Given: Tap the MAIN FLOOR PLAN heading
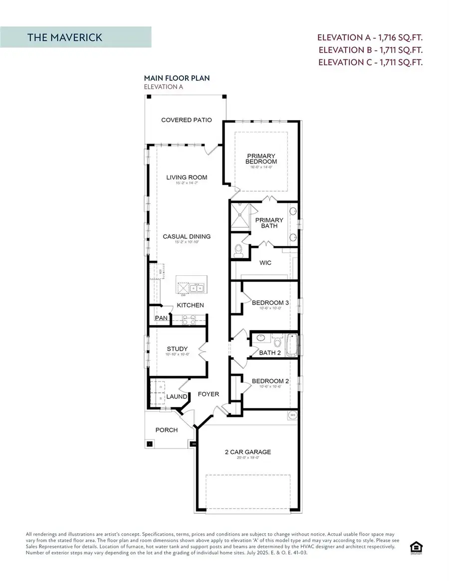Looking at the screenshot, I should [177, 78].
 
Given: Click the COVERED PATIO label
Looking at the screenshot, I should [186, 120].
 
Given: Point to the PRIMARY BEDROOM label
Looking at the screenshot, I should [261, 159].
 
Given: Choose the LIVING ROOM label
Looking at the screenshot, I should [187, 178].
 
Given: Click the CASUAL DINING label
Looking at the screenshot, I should [187, 237].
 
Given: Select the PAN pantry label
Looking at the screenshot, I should [161, 318].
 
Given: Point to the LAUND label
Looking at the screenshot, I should [177, 397].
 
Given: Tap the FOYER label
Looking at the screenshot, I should [208, 394].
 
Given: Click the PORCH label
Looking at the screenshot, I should [166, 430].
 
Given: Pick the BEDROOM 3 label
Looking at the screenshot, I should [270, 303].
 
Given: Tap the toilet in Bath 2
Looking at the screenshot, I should [278, 343].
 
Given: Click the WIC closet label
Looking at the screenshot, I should [265, 262].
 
